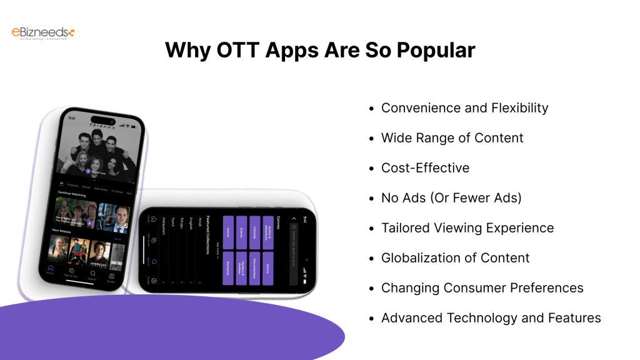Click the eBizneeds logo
point(43,33)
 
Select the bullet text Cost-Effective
point(425,167)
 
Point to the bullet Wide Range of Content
point(452,137)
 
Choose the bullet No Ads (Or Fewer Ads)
point(451,197)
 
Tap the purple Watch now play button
point(88,171)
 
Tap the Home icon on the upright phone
point(50,269)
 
